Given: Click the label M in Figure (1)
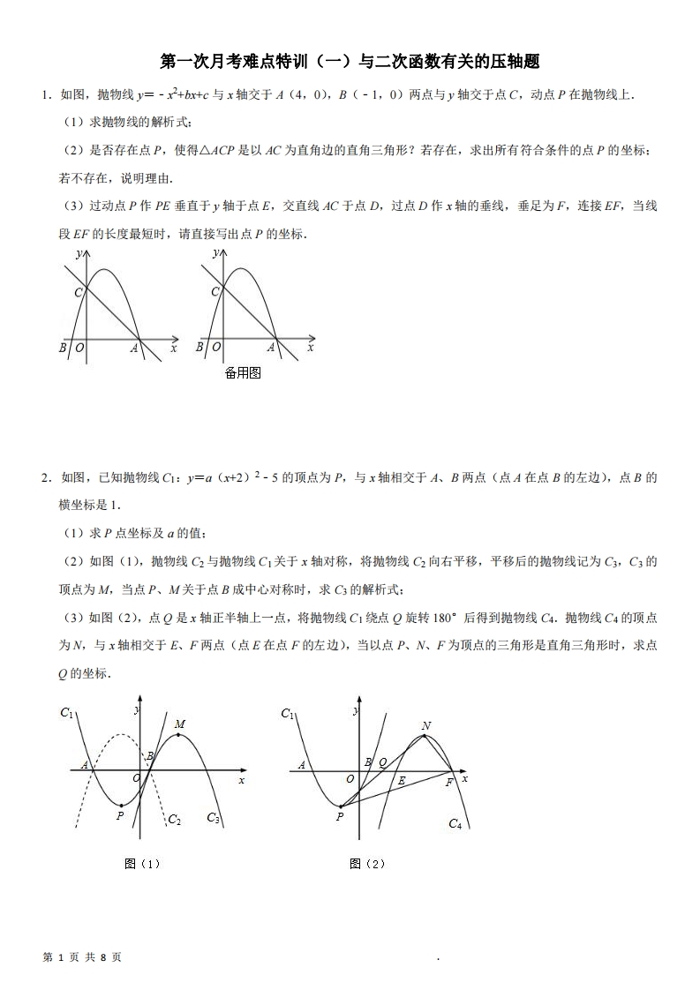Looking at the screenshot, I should [x=179, y=724].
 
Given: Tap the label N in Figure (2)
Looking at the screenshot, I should [x=426, y=726].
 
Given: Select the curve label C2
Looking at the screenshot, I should [x=175, y=820].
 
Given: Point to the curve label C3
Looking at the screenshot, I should [x=213, y=818].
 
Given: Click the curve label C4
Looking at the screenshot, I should [x=455, y=824].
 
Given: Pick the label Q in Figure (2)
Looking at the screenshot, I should [x=382, y=761].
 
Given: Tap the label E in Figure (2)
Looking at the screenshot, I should [x=402, y=781].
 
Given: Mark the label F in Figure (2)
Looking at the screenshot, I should [x=449, y=782].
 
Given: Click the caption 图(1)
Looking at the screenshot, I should [x=143, y=864].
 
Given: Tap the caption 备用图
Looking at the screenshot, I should [x=243, y=373].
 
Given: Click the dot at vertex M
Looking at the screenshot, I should [x=179, y=735].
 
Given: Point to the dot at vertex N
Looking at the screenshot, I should [x=426, y=736].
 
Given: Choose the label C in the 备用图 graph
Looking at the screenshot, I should [x=215, y=292].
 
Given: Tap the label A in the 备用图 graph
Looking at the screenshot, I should [x=271, y=349].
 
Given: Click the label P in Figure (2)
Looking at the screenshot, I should [x=340, y=818].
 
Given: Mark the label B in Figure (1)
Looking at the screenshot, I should [x=150, y=755].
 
